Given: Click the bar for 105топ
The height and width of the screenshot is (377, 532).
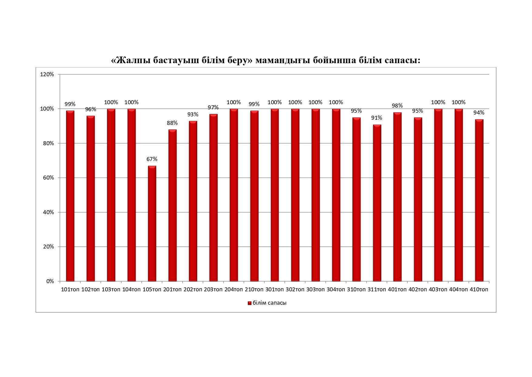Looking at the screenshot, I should tap(152, 223).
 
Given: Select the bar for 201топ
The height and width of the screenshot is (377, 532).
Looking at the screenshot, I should tap(172, 205).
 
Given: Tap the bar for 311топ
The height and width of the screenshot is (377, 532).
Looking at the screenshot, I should tap(377, 203).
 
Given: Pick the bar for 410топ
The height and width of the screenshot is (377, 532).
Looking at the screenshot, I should tap(479, 200).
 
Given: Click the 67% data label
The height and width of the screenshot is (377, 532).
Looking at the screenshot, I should tap(152, 159).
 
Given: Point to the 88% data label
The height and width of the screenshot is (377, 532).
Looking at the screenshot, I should tap(172, 123).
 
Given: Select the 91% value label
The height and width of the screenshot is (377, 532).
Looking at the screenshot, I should tap(377, 118).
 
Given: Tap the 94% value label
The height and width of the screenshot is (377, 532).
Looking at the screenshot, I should tap(479, 113).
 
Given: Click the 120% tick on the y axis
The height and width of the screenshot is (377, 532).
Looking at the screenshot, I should tap(47, 74).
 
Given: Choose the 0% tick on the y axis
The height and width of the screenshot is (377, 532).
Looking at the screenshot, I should tap(50, 281).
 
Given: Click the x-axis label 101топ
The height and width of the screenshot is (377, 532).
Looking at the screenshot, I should tap(70, 290).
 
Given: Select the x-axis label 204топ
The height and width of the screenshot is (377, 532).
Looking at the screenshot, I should tap(234, 290).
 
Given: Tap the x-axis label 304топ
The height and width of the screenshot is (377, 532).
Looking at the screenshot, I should tap(336, 290).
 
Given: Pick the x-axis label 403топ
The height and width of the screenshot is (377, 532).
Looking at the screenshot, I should tap(438, 290).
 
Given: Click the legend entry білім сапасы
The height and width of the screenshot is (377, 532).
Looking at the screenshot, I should tap(269, 303).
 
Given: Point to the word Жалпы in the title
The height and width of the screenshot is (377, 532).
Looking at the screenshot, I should tap(133, 60).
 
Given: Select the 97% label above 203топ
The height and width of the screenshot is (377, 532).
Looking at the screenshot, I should tap(213, 108).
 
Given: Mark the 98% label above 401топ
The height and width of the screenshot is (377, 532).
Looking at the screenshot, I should tap(397, 106).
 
